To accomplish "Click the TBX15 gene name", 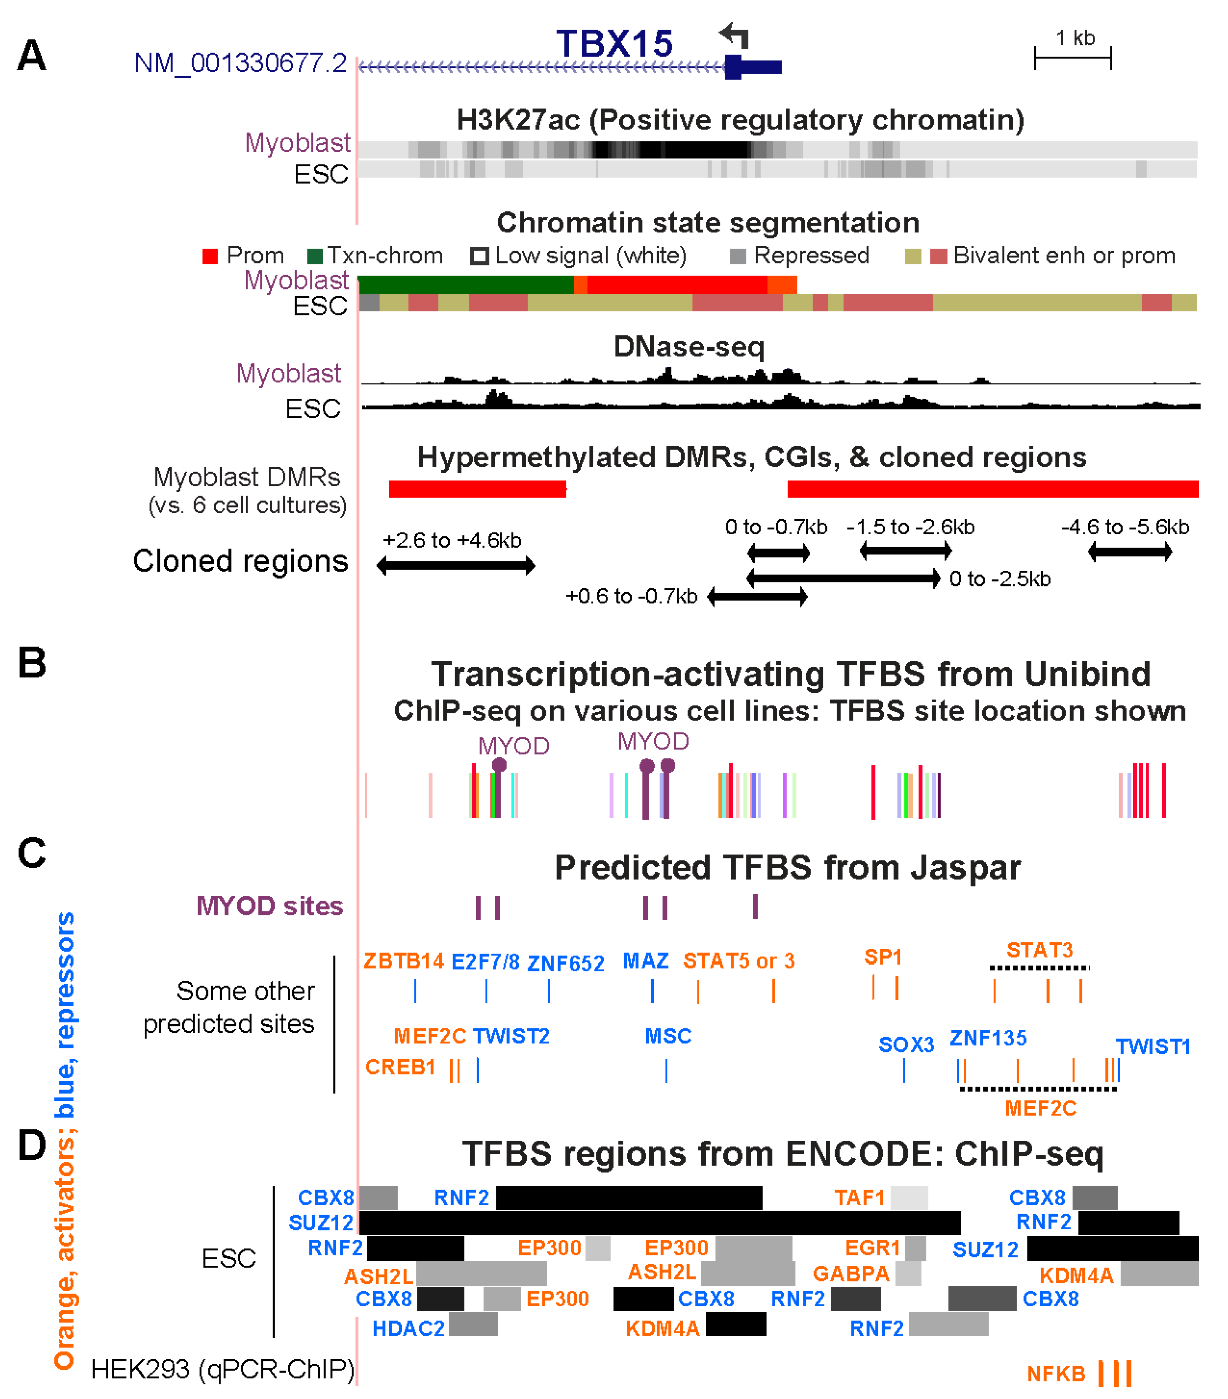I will click(x=614, y=44).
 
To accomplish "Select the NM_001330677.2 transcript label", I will click(x=240, y=64).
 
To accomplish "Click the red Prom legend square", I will click(x=210, y=256).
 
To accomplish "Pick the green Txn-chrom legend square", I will click(x=315, y=256).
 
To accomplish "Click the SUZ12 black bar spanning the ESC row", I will click(x=659, y=1223).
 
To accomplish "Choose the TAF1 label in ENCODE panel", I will click(x=859, y=1198).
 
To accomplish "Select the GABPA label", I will click(x=851, y=1274).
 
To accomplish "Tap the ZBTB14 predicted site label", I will click(x=404, y=961).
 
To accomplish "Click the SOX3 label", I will click(x=906, y=1045).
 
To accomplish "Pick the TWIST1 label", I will click(x=1153, y=1046).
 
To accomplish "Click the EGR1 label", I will click(x=872, y=1248).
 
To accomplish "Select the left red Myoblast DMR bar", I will click(x=477, y=489).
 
